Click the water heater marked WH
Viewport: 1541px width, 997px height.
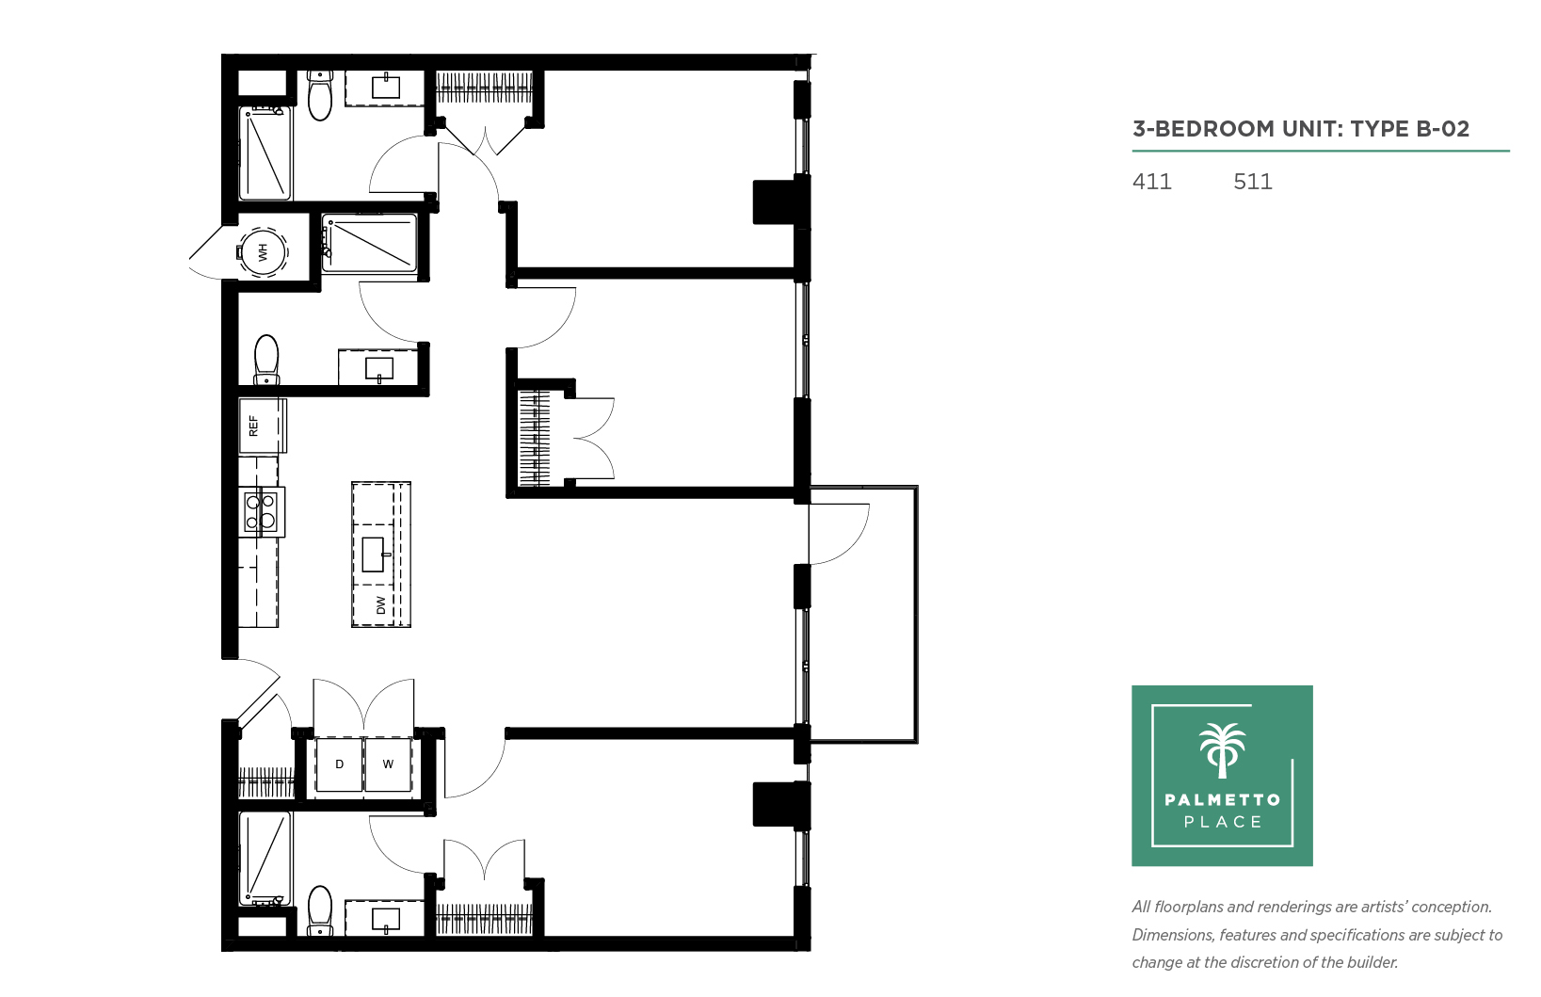[x=262, y=251]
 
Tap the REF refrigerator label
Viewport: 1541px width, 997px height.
[x=254, y=426]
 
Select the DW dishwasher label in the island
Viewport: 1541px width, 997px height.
[x=381, y=604]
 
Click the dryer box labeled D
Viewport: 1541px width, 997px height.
[x=339, y=764]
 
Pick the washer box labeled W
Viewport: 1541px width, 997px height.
[x=388, y=764]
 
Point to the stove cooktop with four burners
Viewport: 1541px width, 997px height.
[x=262, y=512]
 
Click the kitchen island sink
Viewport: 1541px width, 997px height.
[x=374, y=555]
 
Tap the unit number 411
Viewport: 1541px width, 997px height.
[x=1151, y=182]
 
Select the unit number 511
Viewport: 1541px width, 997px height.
[x=1253, y=182]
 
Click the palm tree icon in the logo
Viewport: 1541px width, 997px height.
[x=1222, y=750]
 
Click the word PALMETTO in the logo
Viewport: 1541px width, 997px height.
[x=1223, y=800]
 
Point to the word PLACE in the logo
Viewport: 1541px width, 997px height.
[x=1223, y=822]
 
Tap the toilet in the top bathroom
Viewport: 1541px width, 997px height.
[x=320, y=95]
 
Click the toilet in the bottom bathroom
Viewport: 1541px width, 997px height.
[x=320, y=910]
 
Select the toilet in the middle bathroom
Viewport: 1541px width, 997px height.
[x=266, y=360]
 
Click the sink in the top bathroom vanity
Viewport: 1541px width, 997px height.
[x=386, y=87]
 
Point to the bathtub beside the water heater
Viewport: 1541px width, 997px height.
[x=369, y=243]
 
